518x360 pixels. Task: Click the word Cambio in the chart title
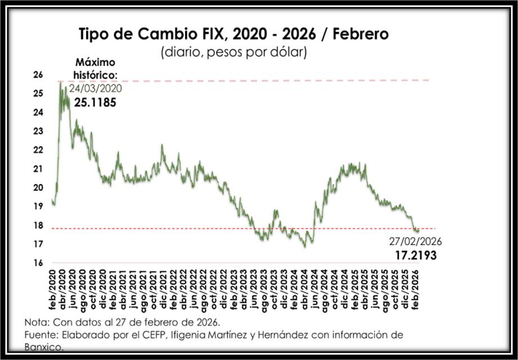click(184, 34)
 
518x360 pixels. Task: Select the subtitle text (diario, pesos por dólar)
click(233, 53)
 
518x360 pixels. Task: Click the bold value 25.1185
click(95, 102)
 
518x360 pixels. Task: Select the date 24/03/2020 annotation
click(95, 88)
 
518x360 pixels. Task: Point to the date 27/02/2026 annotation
click(416, 242)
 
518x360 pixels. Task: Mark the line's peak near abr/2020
click(60, 82)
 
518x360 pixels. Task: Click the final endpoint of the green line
click(418, 231)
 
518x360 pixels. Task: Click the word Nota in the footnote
click(35, 323)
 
